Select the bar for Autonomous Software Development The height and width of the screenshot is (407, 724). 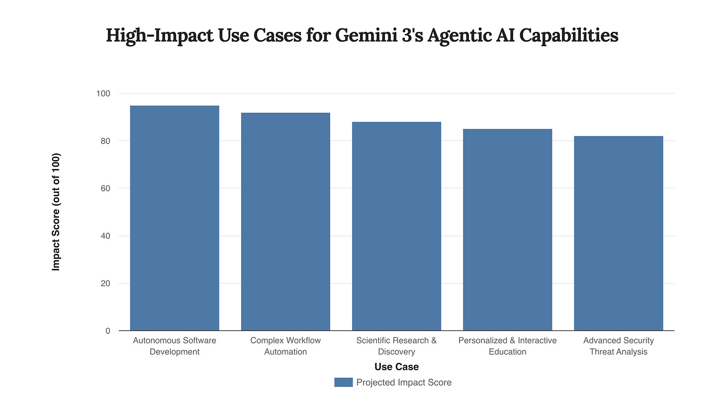(175, 219)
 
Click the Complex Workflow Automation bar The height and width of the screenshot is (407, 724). (285, 222)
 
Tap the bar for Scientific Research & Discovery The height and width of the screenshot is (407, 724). (396, 227)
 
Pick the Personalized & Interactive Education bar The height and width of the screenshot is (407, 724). (507, 230)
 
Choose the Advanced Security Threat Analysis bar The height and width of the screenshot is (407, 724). (619, 234)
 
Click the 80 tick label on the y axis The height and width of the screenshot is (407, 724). (105, 141)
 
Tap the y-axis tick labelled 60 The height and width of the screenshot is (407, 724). (105, 188)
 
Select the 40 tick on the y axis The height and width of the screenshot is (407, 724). (105, 236)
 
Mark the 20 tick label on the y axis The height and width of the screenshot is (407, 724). (105, 284)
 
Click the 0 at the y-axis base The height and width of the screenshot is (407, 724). (107, 331)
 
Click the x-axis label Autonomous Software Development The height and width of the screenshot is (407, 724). (175, 346)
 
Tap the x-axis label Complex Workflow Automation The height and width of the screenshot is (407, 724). (285, 346)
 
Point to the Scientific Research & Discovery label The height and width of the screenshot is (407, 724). (396, 346)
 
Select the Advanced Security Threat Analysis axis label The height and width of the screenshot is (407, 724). (619, 346)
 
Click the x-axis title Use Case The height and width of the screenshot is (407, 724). (396, 367)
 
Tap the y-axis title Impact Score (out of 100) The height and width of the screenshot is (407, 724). (56, 212)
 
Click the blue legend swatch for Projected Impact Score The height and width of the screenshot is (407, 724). (343, 382)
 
